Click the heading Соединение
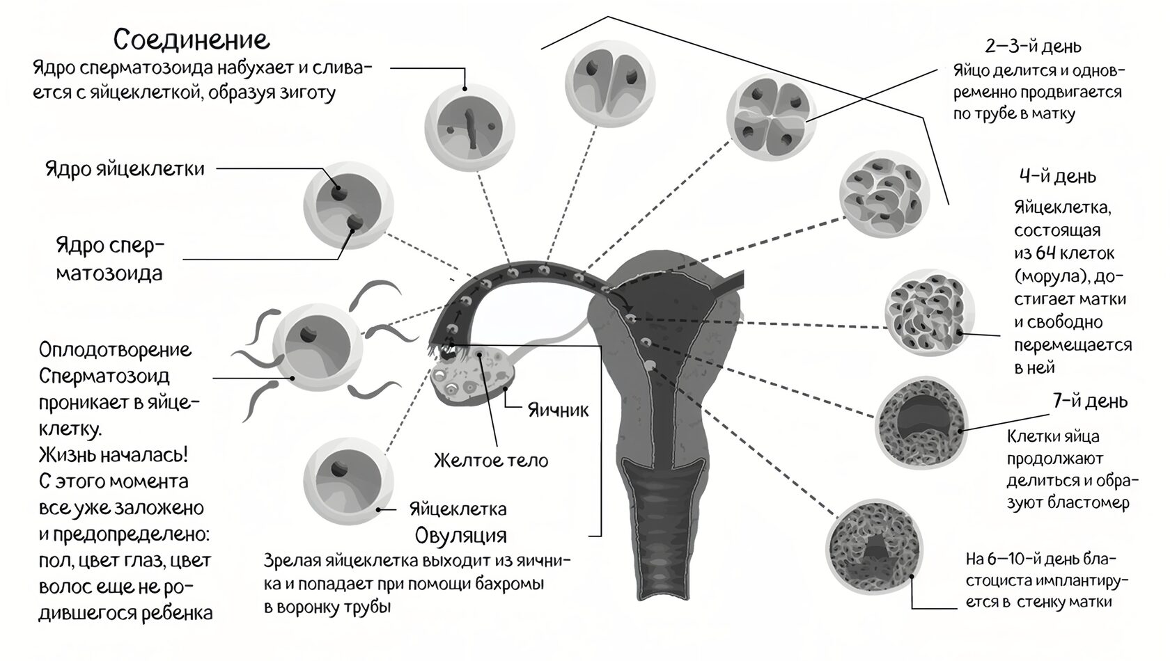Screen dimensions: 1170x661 pyautogui.click(x=192, y=40)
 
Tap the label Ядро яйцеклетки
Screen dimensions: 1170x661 pyautogui.click(x=125, y=169)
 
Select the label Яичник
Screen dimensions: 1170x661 pyautogui.click(x=558, y=410)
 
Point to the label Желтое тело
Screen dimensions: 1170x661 pyautogui.click(x=491, y=460)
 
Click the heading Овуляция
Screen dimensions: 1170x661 pyautogui.click(x=461, y=535)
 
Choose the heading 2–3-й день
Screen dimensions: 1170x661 pyautogui.click(x=1033, y=47)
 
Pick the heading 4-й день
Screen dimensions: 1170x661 pyautogui.click(x=1058, y=176)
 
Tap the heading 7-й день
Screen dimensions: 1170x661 pyautogui.click(x=1090, y=401)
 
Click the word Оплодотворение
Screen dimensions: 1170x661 pyautogui.click(x=116, y=350)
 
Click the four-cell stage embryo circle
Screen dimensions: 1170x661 pyautogui.click(x=771, y=117)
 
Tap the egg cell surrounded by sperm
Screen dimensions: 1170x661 pyautogui.click(x=317, y=348)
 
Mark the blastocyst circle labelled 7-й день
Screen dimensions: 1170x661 pyautogui.click(x=921, y=424)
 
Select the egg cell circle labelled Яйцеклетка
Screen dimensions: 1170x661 pyautogui.click(x=348, y=480)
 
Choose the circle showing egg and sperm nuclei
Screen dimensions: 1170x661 pyautogui.click(x=348, y=205)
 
